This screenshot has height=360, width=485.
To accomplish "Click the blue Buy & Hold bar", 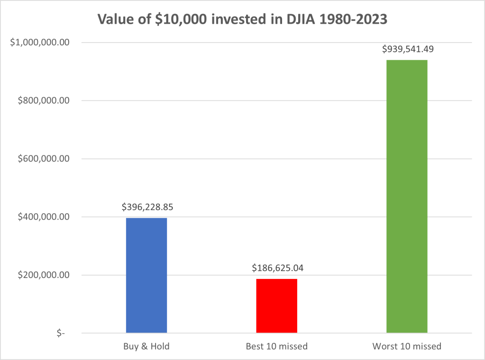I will [146, 275].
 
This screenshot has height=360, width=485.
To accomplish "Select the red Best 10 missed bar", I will [276, 306].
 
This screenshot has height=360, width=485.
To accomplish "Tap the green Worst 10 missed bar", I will [407, 196].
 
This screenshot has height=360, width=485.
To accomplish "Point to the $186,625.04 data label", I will [277, 268].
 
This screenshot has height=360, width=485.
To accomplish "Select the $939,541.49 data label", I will [407, 49].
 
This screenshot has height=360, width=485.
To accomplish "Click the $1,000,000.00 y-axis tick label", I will [43, 43].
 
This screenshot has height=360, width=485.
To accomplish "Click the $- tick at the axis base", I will [61, 333].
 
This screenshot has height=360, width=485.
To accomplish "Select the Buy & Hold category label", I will [146, 346].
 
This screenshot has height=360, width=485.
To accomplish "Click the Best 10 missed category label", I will [276, 346].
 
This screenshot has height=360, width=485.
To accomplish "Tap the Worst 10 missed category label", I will [407, 346].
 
